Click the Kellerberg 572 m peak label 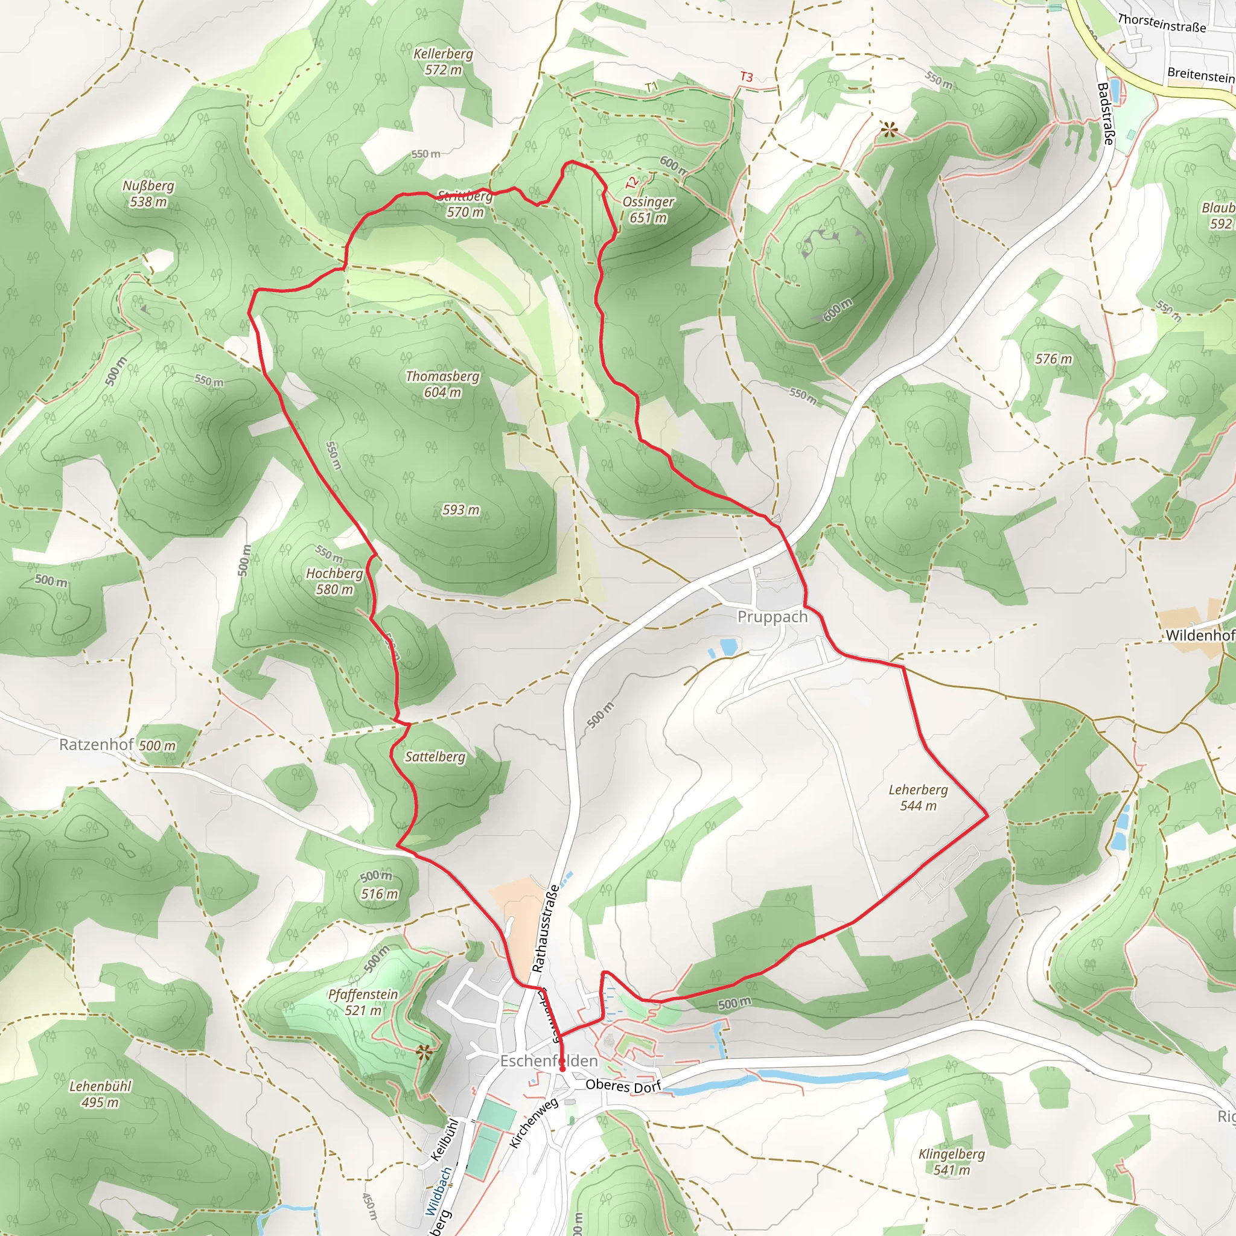click(443, 62)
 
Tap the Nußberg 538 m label click(148, 193)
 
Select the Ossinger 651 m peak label click(648, 209)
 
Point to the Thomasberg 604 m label click(442, 384)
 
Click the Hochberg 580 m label click(334, 581)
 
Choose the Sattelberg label click(435, 756)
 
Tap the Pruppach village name click(772, 617)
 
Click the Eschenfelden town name click(549, 1061)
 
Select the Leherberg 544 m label click(918, 798)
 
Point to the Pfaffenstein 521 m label click(363, 1002)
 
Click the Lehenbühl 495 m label click(100, 1094)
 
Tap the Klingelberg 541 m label click(951, 1162)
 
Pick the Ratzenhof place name click(96, 744)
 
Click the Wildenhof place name click(1199, 636)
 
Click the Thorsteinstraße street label click(1161, 24)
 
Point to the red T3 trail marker click(746, 77)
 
